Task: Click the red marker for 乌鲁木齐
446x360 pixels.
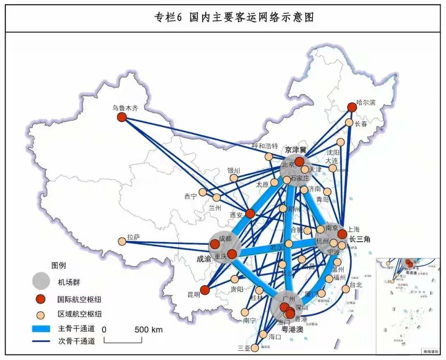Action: [x=121, y=117]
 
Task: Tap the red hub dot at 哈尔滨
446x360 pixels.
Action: [x=351, y=107]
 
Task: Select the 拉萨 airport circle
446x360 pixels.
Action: [x=122, y=241]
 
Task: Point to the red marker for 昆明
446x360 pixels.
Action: [x=205, y=290]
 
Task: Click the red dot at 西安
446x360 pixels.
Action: [x=250, y=213]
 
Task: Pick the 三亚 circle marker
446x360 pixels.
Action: [x=255, y=348]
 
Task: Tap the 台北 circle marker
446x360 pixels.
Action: [x=346, y=289]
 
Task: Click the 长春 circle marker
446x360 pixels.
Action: [x=349, y=123]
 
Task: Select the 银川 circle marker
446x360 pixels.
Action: [x=234, y=178]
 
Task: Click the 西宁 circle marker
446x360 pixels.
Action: [x=203, y=192]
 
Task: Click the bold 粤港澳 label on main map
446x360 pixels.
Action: [x=292, y=329]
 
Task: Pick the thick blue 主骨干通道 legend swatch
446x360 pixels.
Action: [x=41, y=329]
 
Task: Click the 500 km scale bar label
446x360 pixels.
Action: [x=148, y=329]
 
